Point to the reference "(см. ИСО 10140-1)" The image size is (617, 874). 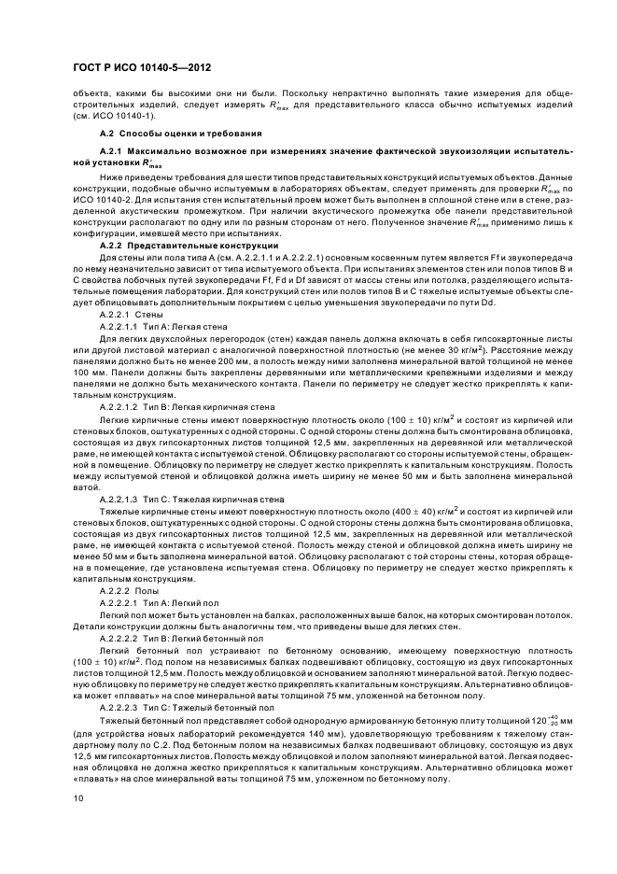coord(108,115)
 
